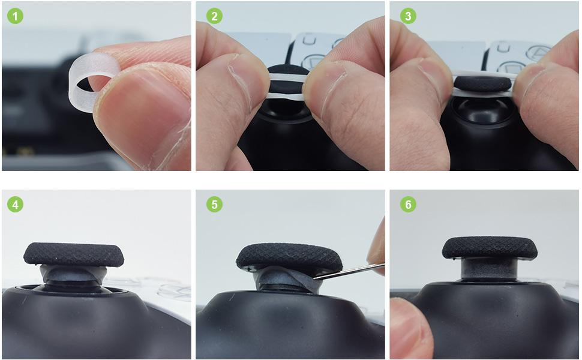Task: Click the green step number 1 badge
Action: point(16,16)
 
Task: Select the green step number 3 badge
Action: point(408,16)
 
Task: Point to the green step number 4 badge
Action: point(16,205)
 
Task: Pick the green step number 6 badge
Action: point(408,205)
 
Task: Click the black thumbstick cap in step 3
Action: point(484,83)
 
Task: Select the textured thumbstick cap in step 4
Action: point(74,254)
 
